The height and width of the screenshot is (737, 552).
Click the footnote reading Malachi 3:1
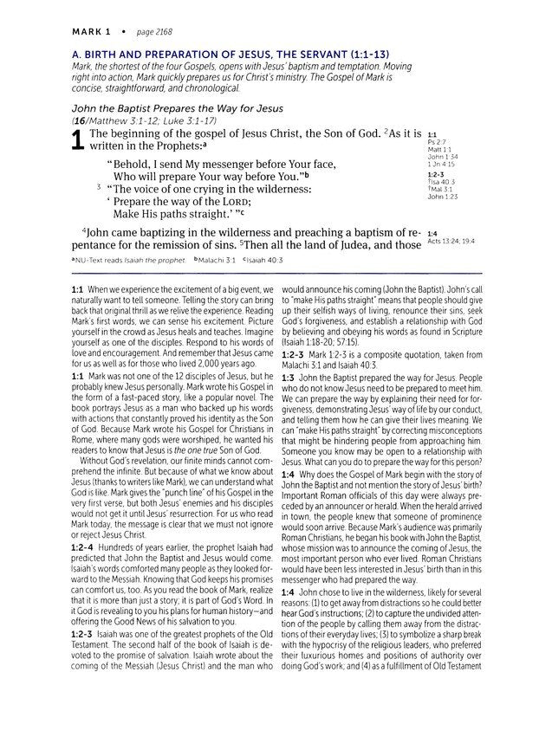coord(216,259)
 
